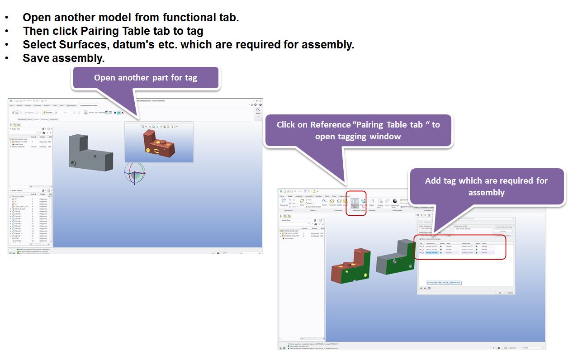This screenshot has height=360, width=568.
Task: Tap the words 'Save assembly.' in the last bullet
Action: (63, 58)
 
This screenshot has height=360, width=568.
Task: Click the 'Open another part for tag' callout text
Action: (145, 78)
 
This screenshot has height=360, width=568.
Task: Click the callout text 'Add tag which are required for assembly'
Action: (486, 186)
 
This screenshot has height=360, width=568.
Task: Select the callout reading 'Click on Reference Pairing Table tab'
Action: (358, 130)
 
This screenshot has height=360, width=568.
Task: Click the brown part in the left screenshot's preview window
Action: (158, 145)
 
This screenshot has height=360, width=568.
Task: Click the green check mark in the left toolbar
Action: (118, 113)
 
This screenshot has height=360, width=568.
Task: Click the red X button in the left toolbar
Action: (123, 113)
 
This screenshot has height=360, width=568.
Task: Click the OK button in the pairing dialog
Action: (500, 293)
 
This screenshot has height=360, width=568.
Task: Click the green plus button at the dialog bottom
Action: (421, 288)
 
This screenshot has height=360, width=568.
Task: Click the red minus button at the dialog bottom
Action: (425, 288)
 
